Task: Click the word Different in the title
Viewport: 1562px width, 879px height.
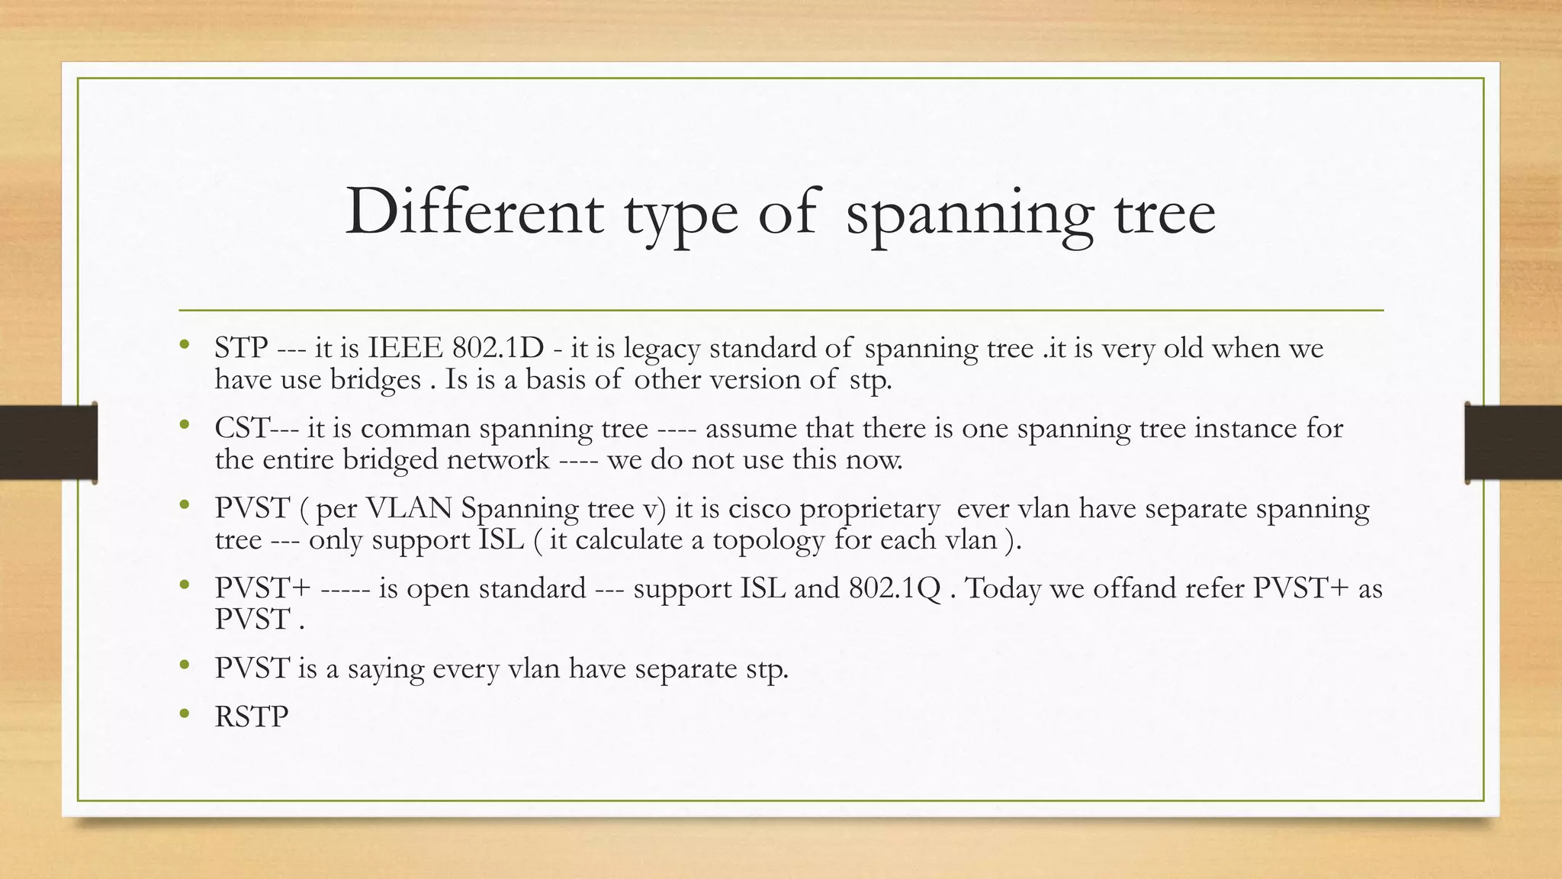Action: pyautogui.click(x=474, y=212)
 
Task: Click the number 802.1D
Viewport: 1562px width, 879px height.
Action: pyautogui.click(x=498, y=348)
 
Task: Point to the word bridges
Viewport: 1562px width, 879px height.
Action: pyautogui.click(x=374, y=379)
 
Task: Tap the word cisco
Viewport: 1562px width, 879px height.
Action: pyautogui.click(x=759, y=508)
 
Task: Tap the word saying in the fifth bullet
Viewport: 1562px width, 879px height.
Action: pyautogui.click(x=385, y=669)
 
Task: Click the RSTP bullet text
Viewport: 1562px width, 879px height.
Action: pyautogui.click(x=251, y=717)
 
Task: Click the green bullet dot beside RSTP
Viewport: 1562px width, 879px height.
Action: pyautogui.click(x=184, y=714)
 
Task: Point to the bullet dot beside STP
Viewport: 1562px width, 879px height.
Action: pyautogui.click(x=184, y=345)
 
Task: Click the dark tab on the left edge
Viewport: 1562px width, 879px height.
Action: pyautogui.click(x=47, y=443)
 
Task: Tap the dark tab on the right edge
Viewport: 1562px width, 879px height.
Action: pyautogui.click(x=1513, y=443)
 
